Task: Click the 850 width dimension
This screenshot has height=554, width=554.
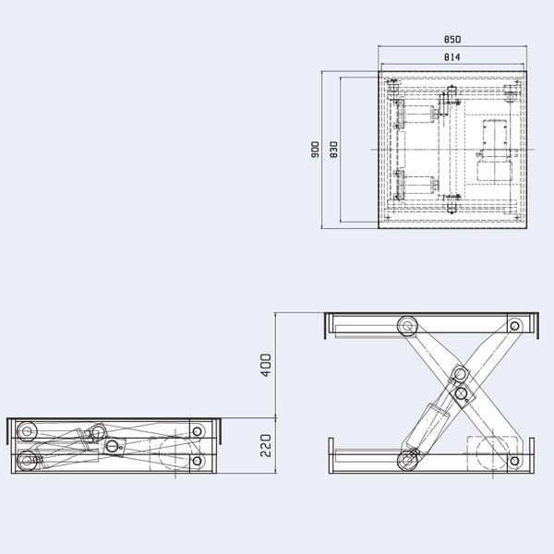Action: click(452, 40)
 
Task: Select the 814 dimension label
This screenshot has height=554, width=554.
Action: click(452, 57)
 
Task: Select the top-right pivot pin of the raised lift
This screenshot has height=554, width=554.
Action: click(514, 325)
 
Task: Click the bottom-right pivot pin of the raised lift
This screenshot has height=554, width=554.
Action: click(514, 459)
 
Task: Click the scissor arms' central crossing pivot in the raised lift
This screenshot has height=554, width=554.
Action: click(461, 394)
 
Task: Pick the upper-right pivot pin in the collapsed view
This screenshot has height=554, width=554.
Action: click(197, 431)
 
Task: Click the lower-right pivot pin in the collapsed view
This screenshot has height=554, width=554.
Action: click(197, 460)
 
